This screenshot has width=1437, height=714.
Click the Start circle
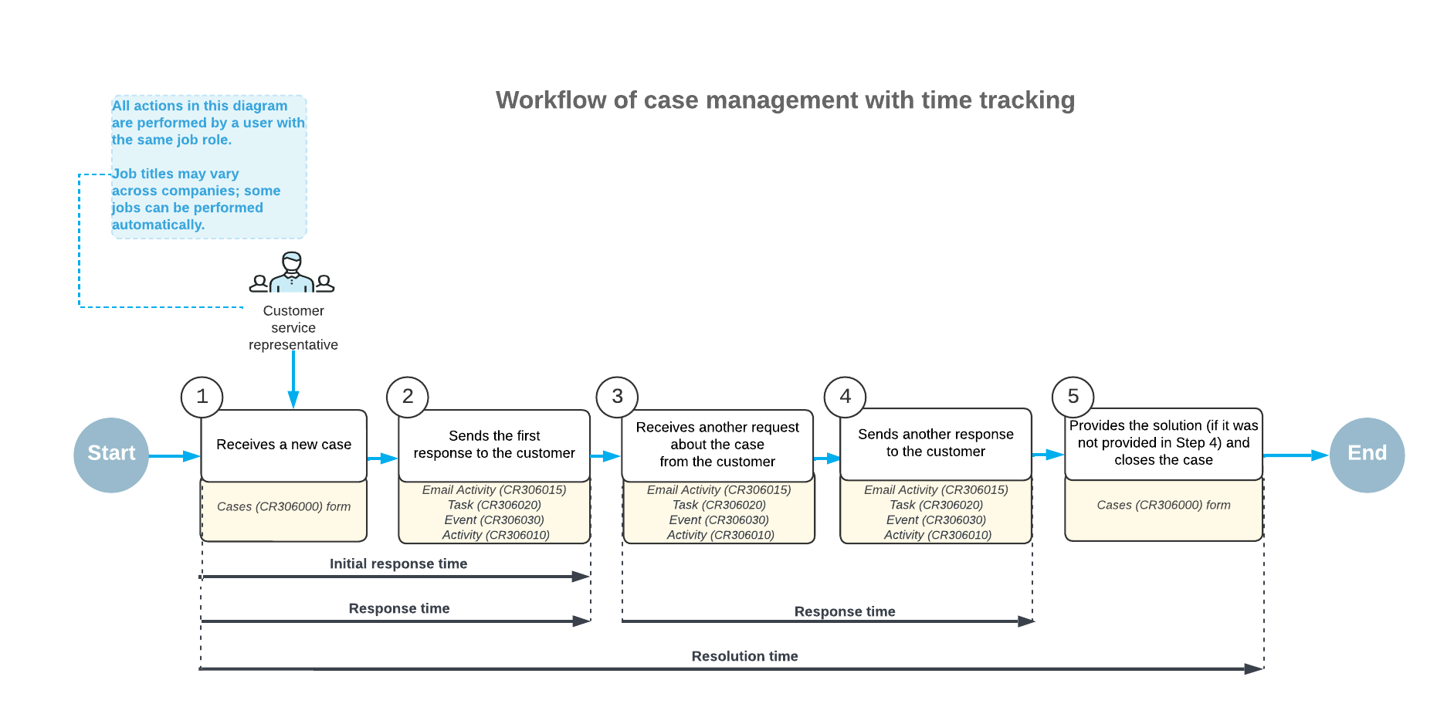click(111, 455)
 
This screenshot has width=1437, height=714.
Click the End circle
click(1367, 455)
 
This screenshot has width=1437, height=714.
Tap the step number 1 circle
click(202, 397)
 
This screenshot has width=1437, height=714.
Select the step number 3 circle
click(617, 397)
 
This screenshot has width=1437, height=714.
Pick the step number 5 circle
click(1073, 397)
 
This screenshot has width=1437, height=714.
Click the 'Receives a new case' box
click(283, 445)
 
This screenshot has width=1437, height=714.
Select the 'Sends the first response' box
click(494, 445)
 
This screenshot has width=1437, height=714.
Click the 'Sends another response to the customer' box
click(935, 443)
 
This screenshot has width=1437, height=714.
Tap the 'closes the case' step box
click(1163, 443)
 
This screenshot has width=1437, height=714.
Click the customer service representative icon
click(292, 273)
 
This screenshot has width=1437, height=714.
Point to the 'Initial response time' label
click(398, 564)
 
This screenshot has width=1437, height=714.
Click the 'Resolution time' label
click(744, 657)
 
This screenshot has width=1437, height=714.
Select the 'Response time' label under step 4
click(845, 612)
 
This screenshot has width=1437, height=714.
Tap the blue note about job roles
click(208, 166)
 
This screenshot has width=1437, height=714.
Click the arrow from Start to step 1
click(174, 456)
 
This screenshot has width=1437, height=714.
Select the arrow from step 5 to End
click(1296, 455)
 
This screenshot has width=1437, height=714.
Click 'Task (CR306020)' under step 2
click(494, 505)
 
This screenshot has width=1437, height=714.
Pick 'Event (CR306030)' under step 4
click(935, 520)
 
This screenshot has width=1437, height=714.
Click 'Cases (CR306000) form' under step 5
click(1163, 506)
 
